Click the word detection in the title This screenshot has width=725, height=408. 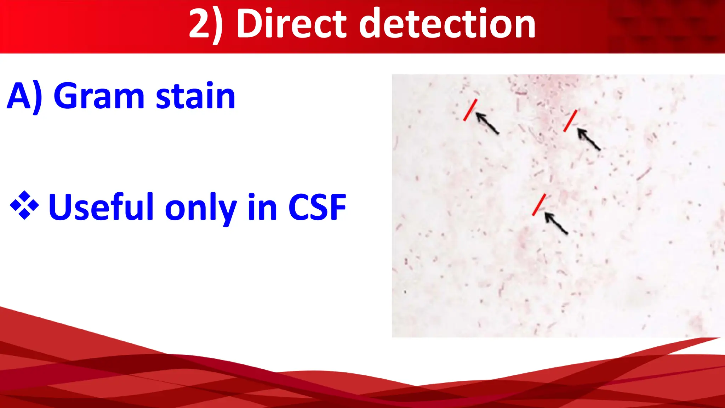click(447, 24)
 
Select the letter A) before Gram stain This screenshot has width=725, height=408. click(24, 96)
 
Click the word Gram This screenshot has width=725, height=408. click(99, 96)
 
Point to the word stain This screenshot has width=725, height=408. click(195, 96)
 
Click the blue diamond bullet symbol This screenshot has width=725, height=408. click(24, 205)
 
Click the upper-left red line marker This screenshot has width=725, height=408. click(470, 110)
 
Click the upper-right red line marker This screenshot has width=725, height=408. click(570, 121)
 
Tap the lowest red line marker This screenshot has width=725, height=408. click(539, 205)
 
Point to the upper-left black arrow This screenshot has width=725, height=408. click(487, 123)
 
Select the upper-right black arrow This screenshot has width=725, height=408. click(589, 139)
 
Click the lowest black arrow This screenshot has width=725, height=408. click(556, 223)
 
